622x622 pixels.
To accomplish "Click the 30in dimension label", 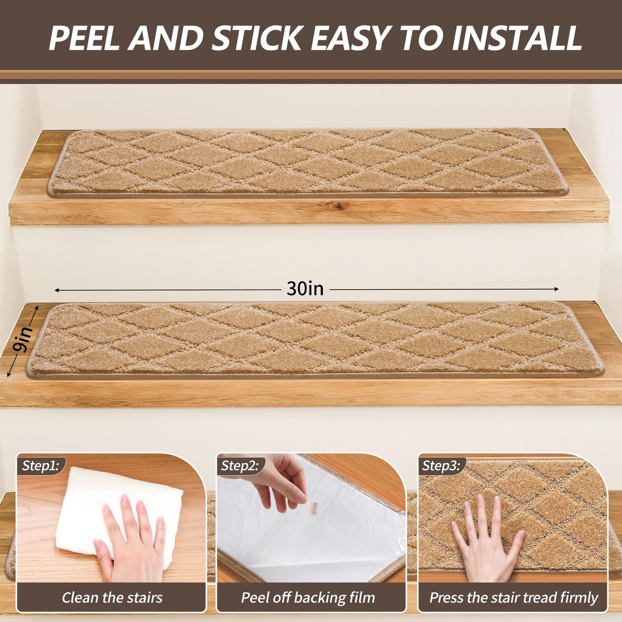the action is pos(305,289).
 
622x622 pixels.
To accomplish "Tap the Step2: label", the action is pos(240,466).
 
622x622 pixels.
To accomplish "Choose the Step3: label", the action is pos(442,466).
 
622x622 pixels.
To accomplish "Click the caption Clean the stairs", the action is pos(112,588).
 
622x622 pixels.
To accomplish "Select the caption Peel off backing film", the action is pos(308,588).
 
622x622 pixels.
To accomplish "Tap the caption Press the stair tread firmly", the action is pos(514,588).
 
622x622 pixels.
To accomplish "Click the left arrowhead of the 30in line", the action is pos(57,291).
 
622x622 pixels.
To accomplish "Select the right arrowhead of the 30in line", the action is pos(556,290).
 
